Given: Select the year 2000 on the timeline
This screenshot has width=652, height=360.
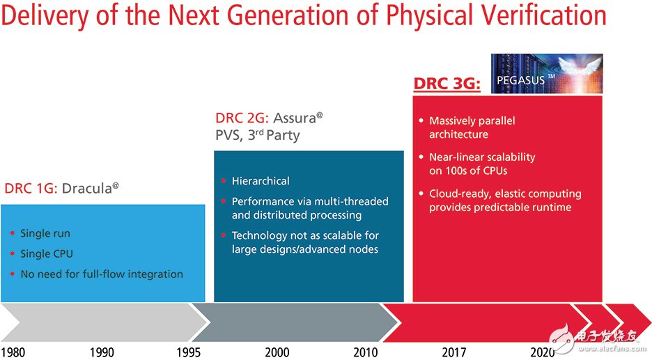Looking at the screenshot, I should point(277,352).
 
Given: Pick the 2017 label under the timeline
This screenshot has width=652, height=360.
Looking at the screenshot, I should point(454,352).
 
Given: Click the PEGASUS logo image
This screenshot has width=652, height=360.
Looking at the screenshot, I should point(546,74).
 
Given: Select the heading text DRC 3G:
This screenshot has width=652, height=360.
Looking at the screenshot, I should point(447,84).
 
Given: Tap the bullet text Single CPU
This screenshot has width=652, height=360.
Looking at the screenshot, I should point(47,253).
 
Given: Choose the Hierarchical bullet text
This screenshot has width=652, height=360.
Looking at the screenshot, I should point(261,181).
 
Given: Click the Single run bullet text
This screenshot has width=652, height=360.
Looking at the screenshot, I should point(45,233).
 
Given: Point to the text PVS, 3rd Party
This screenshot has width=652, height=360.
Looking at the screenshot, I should point(257,135).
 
